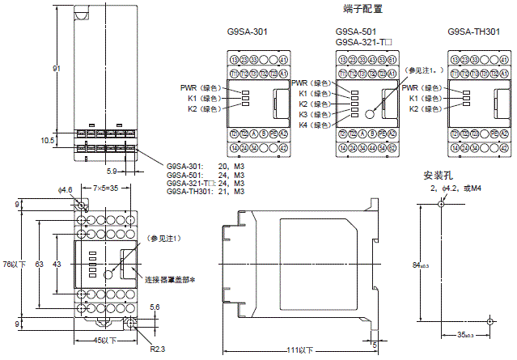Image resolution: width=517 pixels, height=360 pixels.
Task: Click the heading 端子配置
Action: (x=363, y=9)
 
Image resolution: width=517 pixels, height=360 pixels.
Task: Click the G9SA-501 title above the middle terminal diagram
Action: (x=358, y=32)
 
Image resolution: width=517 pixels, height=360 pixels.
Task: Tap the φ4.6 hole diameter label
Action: (x=66, y=189)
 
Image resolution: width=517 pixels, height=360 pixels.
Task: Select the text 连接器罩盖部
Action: (x=172, y=279)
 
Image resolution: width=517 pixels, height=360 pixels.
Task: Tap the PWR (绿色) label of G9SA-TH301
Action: (x=421, y=87)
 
